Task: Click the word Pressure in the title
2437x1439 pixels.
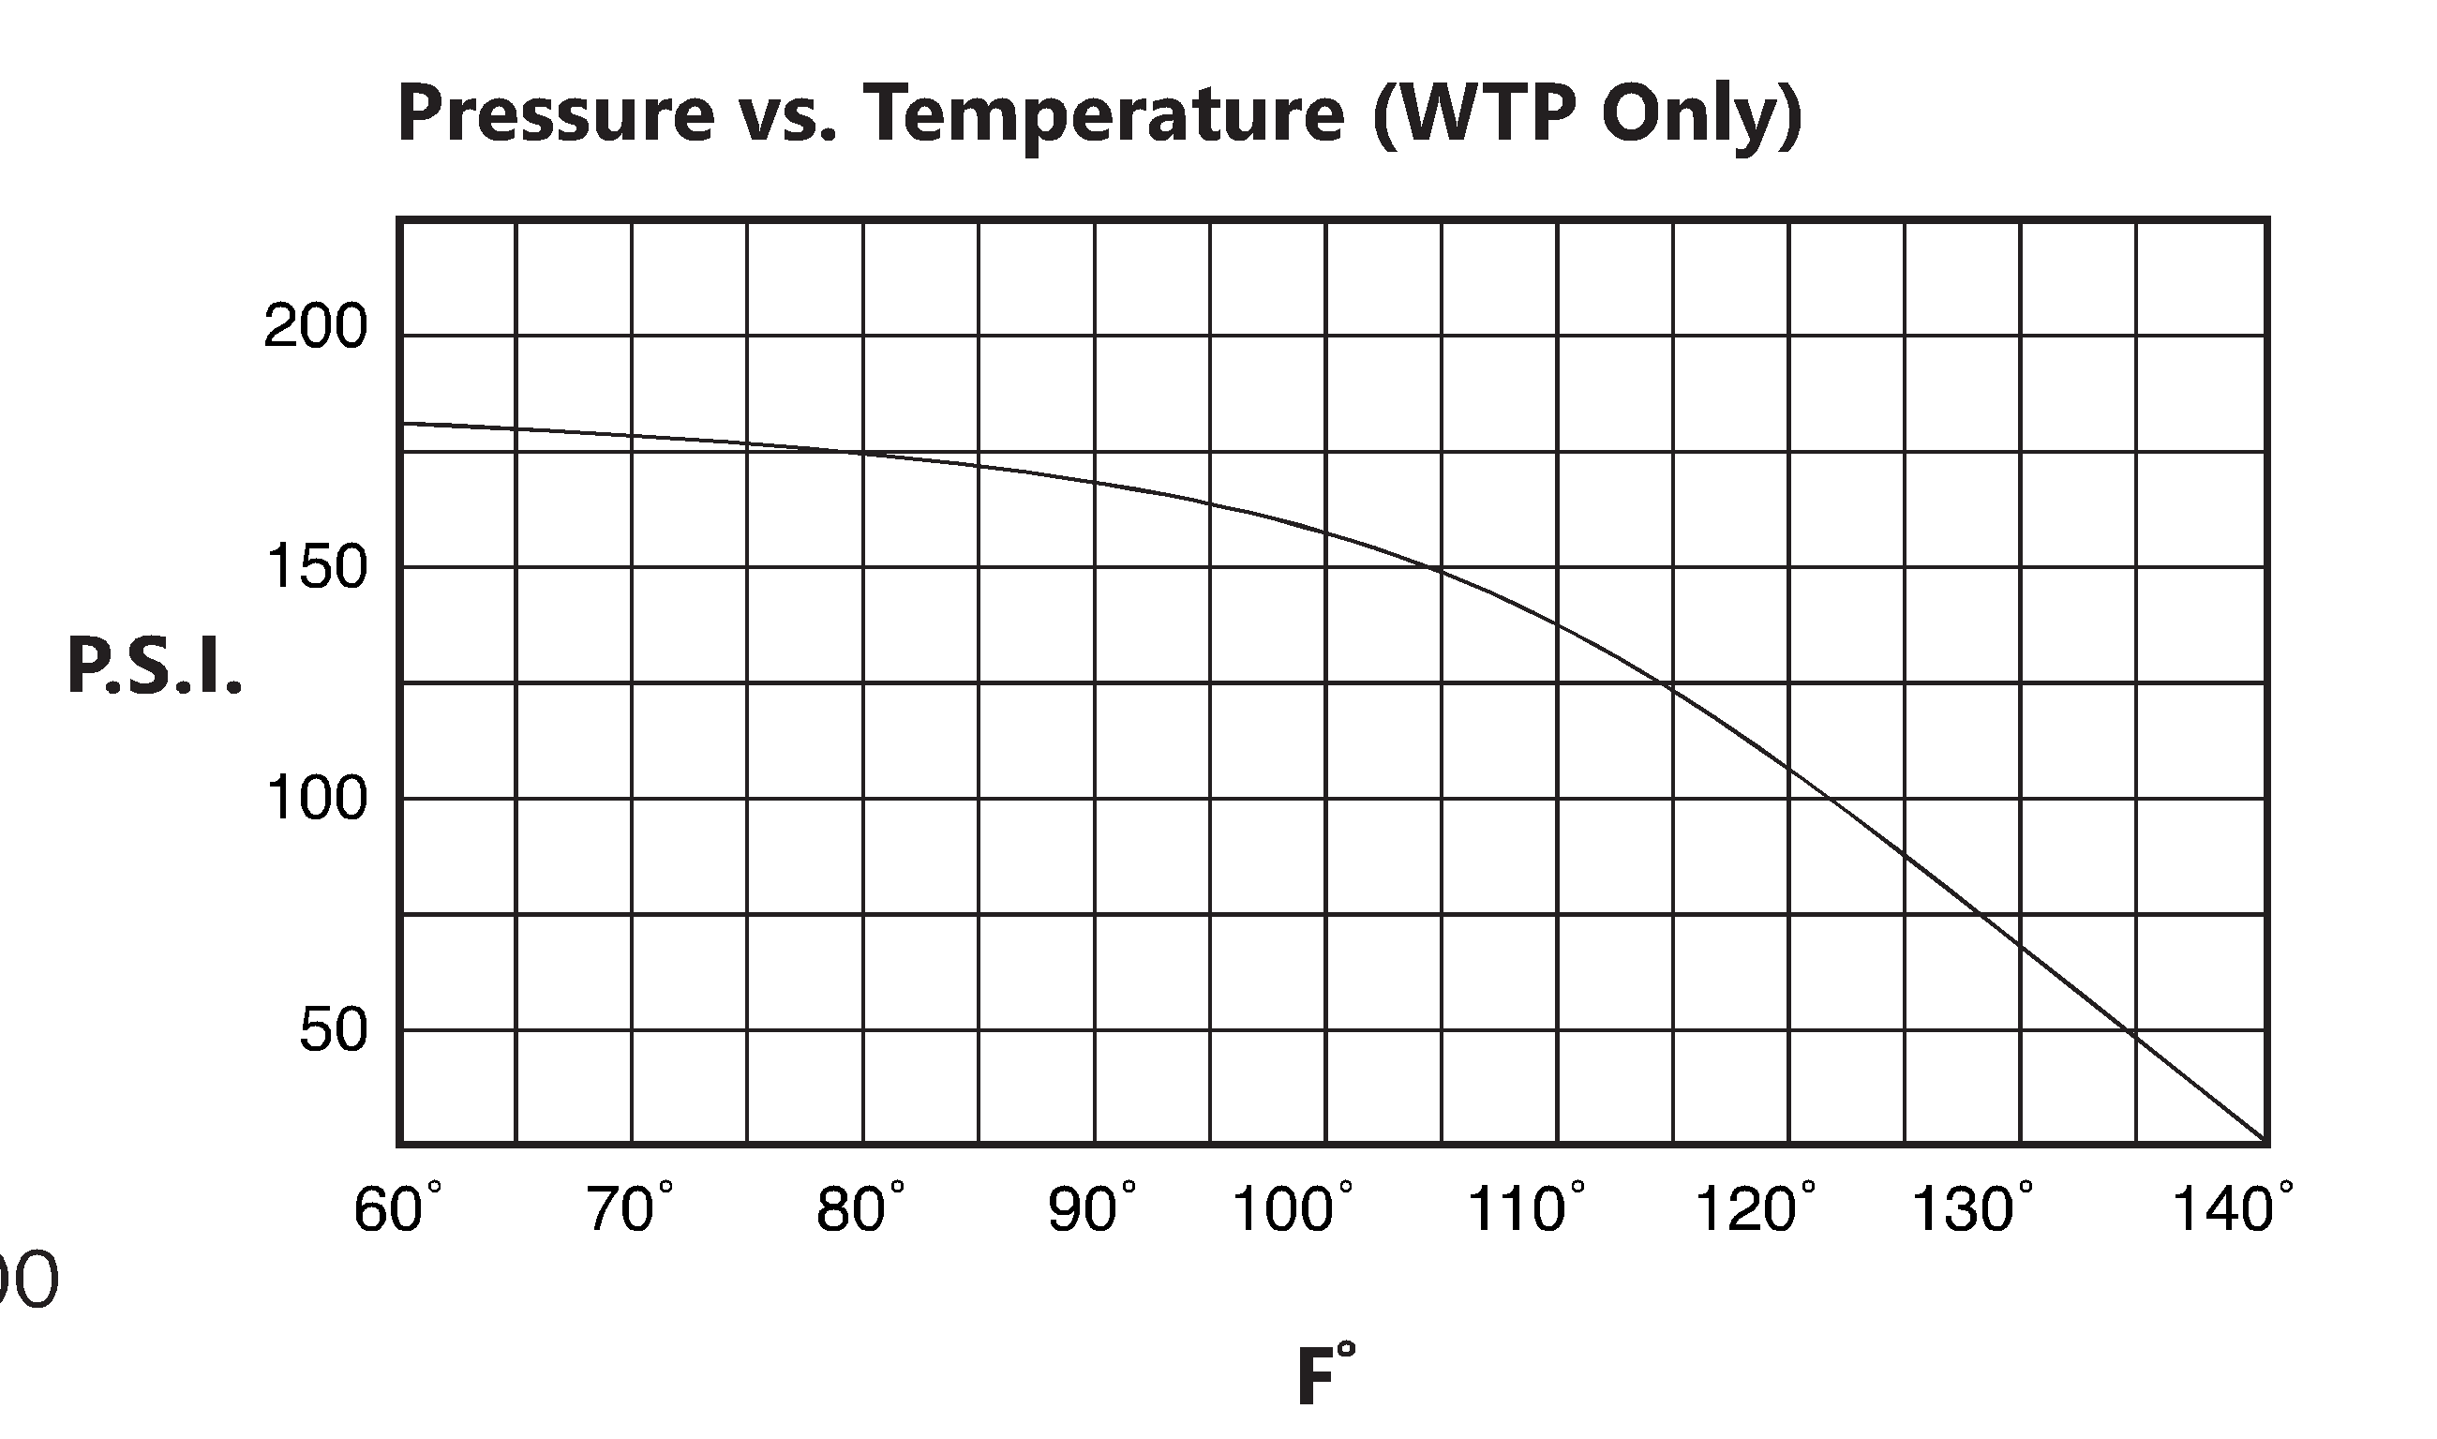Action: [x=556, y=115]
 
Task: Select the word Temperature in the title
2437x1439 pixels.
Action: [x=1103, y=115]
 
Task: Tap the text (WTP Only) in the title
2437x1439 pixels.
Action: [x=1587, y=115]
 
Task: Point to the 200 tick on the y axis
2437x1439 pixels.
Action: [x=315, y=328]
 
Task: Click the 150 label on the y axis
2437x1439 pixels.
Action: [x=315, y=567]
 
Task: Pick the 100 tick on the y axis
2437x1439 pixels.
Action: [x=315, y=799]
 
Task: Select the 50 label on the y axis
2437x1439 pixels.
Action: [x=333, y=1029]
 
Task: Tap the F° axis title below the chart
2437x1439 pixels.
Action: [x=1325, y=1375]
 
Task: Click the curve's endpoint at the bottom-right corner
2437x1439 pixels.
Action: [x=2265, y=1141]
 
